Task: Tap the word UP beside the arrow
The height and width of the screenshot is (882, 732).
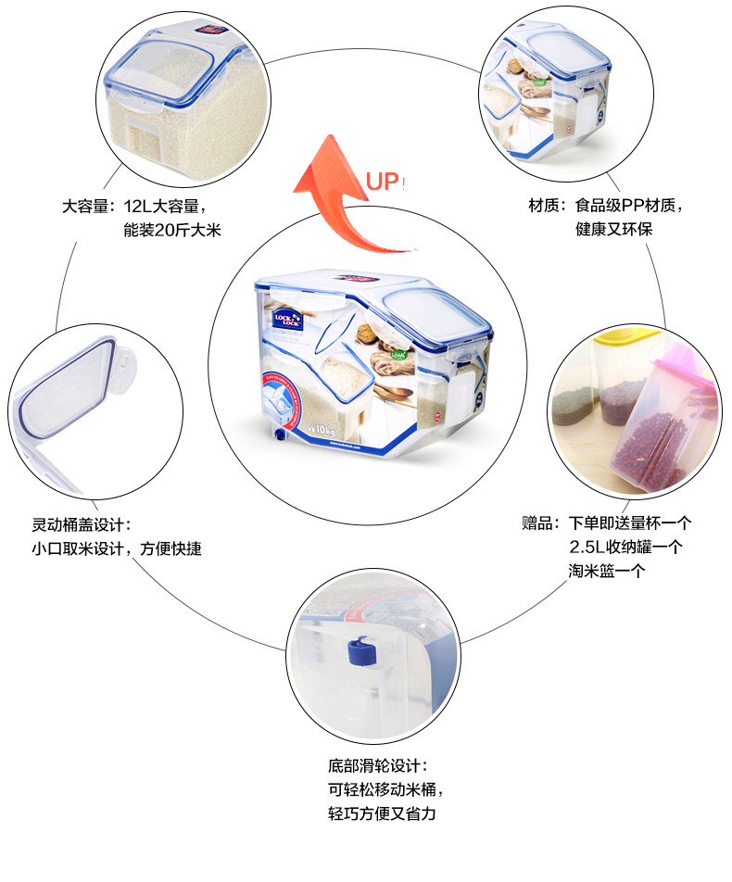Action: pos(382,182)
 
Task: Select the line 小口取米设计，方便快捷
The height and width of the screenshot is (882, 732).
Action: pos(116,548)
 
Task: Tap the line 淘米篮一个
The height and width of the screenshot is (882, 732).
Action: pos(607,570)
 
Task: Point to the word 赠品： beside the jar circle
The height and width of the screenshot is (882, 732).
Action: pos(542,523)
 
